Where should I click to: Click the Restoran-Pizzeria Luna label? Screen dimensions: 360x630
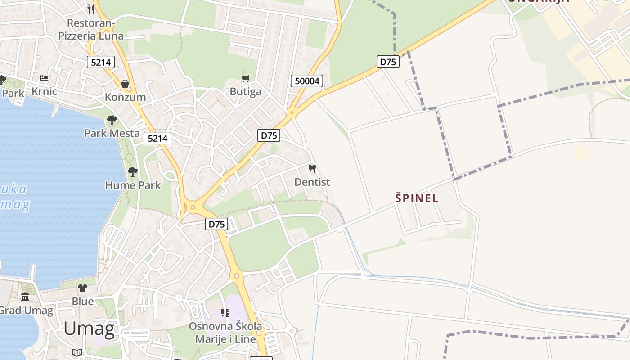pos(91,29)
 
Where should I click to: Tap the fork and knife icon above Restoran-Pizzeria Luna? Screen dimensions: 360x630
pos(91,9)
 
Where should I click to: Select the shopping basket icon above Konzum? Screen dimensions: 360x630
pos(125,84)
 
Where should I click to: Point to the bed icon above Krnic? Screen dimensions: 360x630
pos(44,78)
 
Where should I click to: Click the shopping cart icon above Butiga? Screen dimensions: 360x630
pos(245,79)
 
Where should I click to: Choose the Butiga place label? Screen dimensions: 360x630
pos(245,92)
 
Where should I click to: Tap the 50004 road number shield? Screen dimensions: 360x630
pos(307,81)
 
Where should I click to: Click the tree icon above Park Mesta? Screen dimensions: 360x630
pos(112,120)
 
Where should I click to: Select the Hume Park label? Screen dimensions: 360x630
pos(133,185)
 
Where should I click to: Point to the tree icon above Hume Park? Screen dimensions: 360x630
pos(132,171)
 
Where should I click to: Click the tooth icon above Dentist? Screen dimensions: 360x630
pos(312,169)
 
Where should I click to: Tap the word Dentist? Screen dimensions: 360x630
pos(312,182)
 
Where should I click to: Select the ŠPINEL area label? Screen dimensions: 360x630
pos(417,198)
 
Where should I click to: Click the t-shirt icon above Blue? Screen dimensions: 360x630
pos(83,288)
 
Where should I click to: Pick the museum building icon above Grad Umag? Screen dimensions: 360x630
pos(25,297)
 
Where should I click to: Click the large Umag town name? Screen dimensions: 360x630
pos(89,329)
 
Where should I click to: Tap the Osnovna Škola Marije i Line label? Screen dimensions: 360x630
pos(225,333)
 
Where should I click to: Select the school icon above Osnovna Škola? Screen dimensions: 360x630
pos(225,312)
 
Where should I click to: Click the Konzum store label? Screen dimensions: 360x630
pos(125,97)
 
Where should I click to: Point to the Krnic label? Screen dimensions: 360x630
pos(44,91)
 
